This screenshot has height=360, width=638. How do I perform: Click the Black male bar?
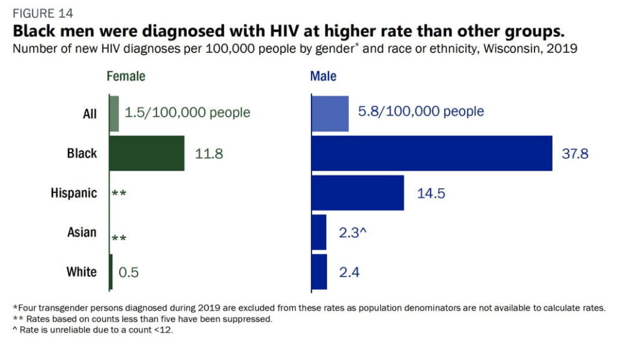pos(431,153)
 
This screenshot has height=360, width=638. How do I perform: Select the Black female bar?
pos(147,153)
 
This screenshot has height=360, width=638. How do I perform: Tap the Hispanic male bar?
pos(357,192)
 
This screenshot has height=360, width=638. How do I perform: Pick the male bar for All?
pos(330,113)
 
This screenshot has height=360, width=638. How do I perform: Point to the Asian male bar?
pos(319,232)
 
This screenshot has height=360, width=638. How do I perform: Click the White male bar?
pos(319,272)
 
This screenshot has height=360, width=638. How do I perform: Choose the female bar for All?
pos(114,113)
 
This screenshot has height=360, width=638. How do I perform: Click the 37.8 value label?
pos(574,154)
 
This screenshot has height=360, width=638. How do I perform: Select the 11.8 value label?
pos(209,154)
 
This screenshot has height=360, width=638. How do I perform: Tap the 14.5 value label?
pos(431,193)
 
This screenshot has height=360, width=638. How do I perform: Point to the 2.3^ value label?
pos(354,233)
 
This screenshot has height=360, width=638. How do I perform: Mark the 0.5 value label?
pos(130,272)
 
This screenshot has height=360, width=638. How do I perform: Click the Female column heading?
pos(126,77)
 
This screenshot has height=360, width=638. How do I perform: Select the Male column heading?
pos(323,77)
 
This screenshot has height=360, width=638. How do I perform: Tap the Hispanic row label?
pos(74,193)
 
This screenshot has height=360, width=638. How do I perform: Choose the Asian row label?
pos(82,232)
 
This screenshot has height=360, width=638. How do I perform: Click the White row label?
pos(82,272)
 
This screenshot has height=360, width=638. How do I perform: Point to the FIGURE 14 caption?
pos(42,13)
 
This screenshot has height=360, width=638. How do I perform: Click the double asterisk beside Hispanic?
pos(119,194)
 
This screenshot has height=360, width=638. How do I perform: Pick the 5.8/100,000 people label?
pos(421,112)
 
